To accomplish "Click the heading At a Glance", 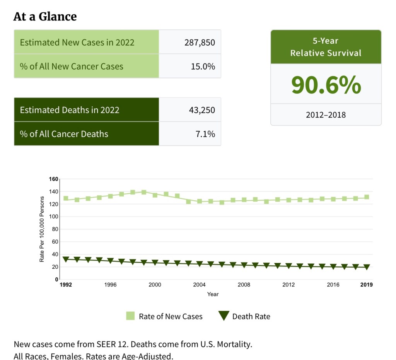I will click(x=45, y=17).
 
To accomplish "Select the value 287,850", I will click(x=200, y=42).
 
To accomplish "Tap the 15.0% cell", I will click(x=203, y=66).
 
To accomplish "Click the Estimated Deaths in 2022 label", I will click(x=70, y=110).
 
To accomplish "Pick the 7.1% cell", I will click(x=205, y=134).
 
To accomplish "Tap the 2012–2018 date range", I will click(x=326, y=115).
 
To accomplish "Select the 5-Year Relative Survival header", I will click(x=326, y=47).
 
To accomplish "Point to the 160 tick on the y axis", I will click(x=53, y=179).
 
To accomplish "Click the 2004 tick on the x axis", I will click(x=199, y=285).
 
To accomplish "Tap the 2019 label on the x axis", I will click(x=366, y=285).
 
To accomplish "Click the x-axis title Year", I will click(x=213, y=294).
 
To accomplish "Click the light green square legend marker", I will click(x=130, y=316).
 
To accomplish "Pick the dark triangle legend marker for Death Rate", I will click(x=223, y=316).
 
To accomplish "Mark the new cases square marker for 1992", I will click(x=66, y=198).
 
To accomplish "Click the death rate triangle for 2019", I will click(x=367, y=267).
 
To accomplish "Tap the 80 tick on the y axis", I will click(x=55, y=229).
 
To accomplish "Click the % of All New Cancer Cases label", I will click(x=72, y=66).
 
